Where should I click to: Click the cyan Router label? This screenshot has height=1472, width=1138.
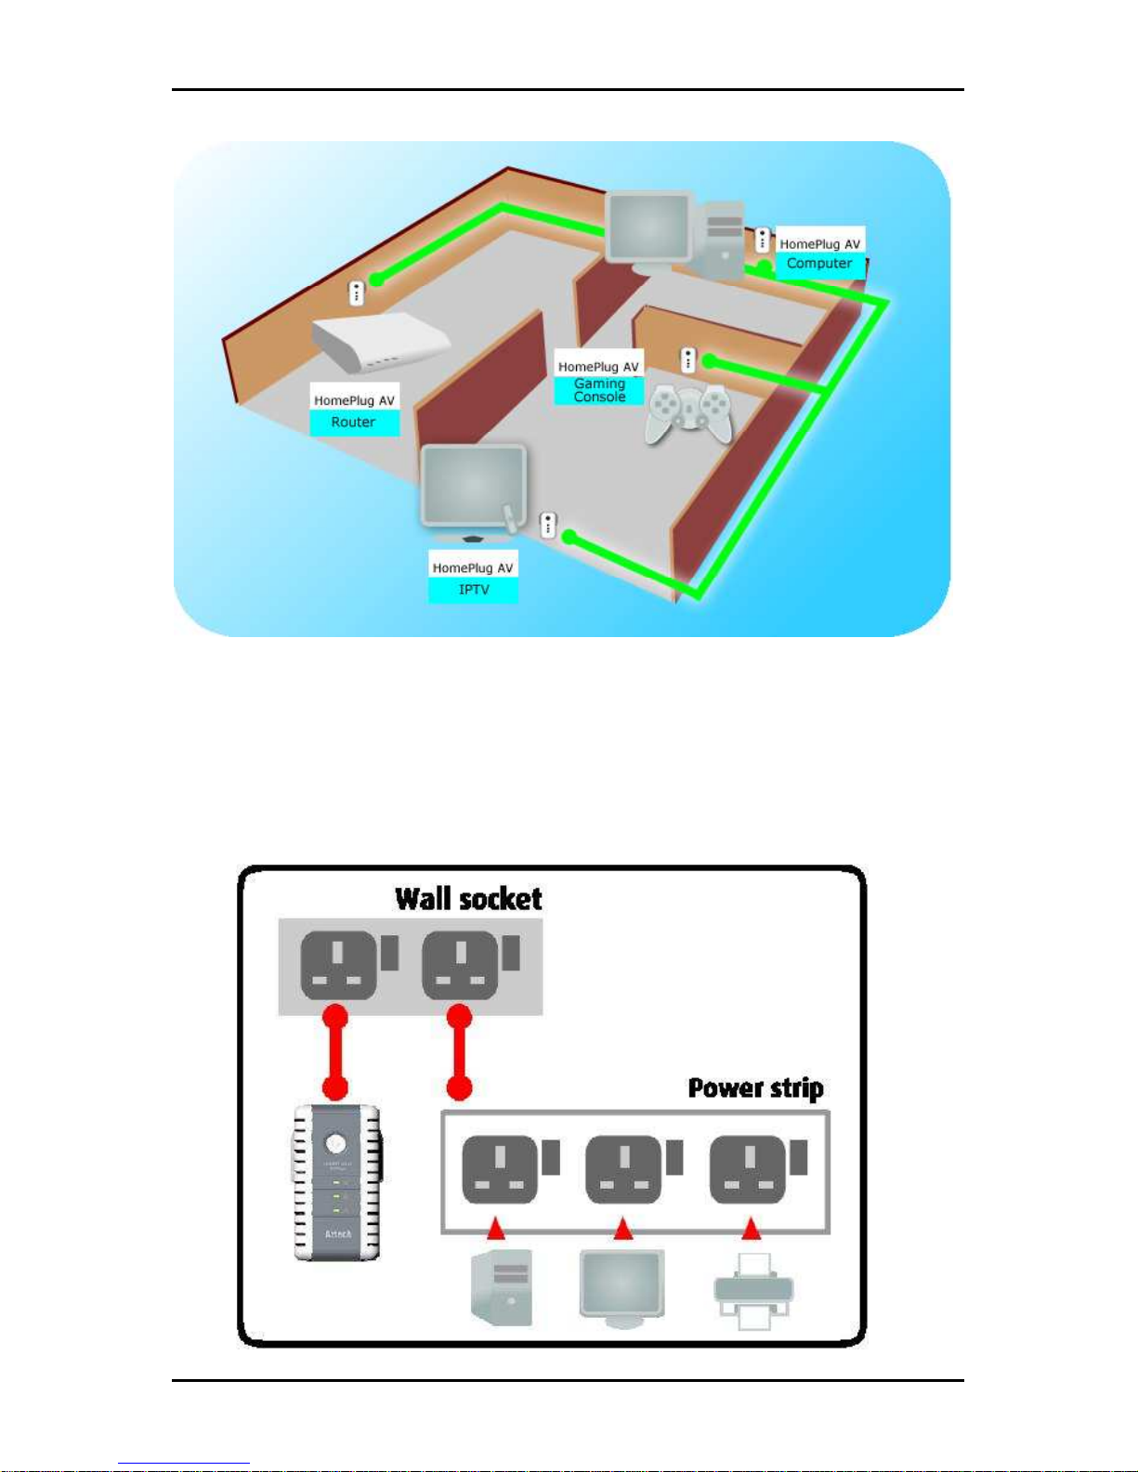pos(353,423)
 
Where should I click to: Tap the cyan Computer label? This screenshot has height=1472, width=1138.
pos(818,264)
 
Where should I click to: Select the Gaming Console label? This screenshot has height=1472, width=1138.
pos(599,390)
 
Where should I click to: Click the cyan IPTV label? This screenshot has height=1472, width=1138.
pos(473,590)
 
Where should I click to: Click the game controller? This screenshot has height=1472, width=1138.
pos(688,412)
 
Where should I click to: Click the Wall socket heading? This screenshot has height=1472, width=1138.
pos(468,899)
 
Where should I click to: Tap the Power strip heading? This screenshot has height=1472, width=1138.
pos(755,1088)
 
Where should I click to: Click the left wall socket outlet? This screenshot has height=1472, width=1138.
pos(338,966)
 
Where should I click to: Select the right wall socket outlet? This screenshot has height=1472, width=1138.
pos(460,966)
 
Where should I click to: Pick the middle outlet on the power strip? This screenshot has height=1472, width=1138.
pos(623,1169)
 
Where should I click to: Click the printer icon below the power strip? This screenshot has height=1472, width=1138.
pos(753,1290)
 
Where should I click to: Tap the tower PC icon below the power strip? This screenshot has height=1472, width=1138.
pos(503,1287)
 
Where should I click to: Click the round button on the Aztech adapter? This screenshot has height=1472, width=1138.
pos(336,1142)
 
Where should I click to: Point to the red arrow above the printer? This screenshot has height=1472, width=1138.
pos(751,1230)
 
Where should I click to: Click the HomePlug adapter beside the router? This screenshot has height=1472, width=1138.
pos(356,293)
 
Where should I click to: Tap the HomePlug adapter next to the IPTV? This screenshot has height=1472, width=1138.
pos(548,525)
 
